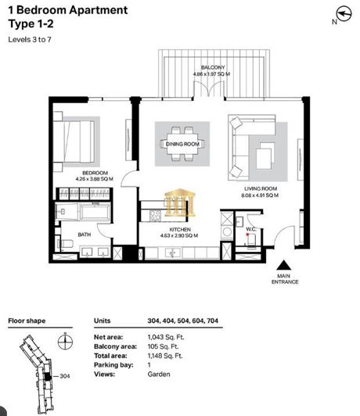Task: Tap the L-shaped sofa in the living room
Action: tap(251, 144)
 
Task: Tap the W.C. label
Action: tap(252, 230)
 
